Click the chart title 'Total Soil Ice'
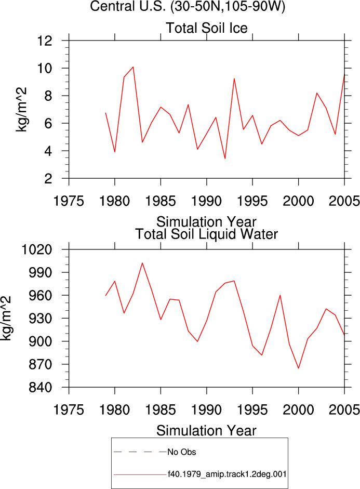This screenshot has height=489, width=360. coord(207,28)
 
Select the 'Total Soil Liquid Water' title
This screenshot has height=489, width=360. coord(206,234)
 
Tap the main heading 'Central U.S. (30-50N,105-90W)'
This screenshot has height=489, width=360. coord(188,6)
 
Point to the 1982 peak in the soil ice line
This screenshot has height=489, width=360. coord(133,67)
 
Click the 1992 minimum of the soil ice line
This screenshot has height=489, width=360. coord(225,158)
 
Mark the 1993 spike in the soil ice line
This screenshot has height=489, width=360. coord(234,78)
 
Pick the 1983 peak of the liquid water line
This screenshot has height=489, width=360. coord(142,263)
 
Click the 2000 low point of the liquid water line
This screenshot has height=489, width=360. coord(299,368)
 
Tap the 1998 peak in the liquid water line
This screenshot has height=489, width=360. coord(280,295)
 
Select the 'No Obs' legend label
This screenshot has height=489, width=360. coord(182,452)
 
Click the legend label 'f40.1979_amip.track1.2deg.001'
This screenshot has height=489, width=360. coord(227,474)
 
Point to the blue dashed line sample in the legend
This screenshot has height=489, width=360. coord(140,452)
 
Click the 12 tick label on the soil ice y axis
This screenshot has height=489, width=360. coord(45,41)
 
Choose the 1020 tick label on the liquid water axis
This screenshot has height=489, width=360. coord(36,249)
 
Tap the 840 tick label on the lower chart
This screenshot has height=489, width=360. coord(41,387)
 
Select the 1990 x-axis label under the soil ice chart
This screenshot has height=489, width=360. coord(206,201)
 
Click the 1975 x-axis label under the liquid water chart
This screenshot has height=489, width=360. coord(69,409)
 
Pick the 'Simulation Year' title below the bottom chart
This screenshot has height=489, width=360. coord(206,431)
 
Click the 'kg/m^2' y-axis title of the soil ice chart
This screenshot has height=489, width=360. coord(21,110)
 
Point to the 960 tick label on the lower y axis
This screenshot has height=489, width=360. coord(41,295)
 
